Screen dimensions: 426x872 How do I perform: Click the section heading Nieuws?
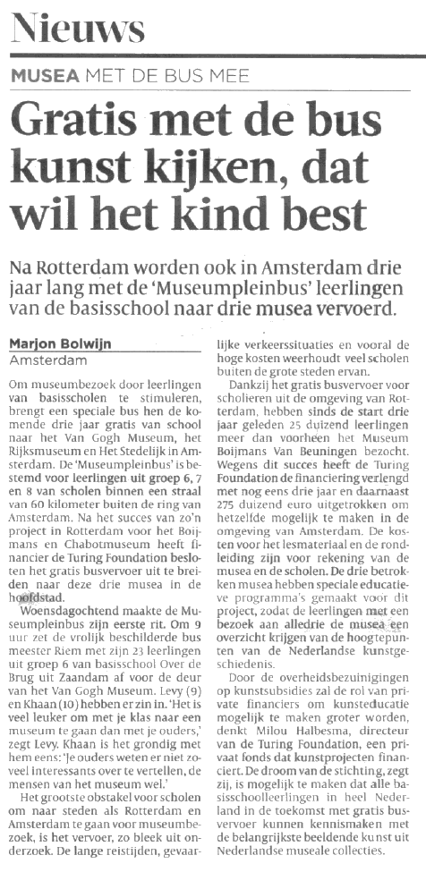click(78, 30)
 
